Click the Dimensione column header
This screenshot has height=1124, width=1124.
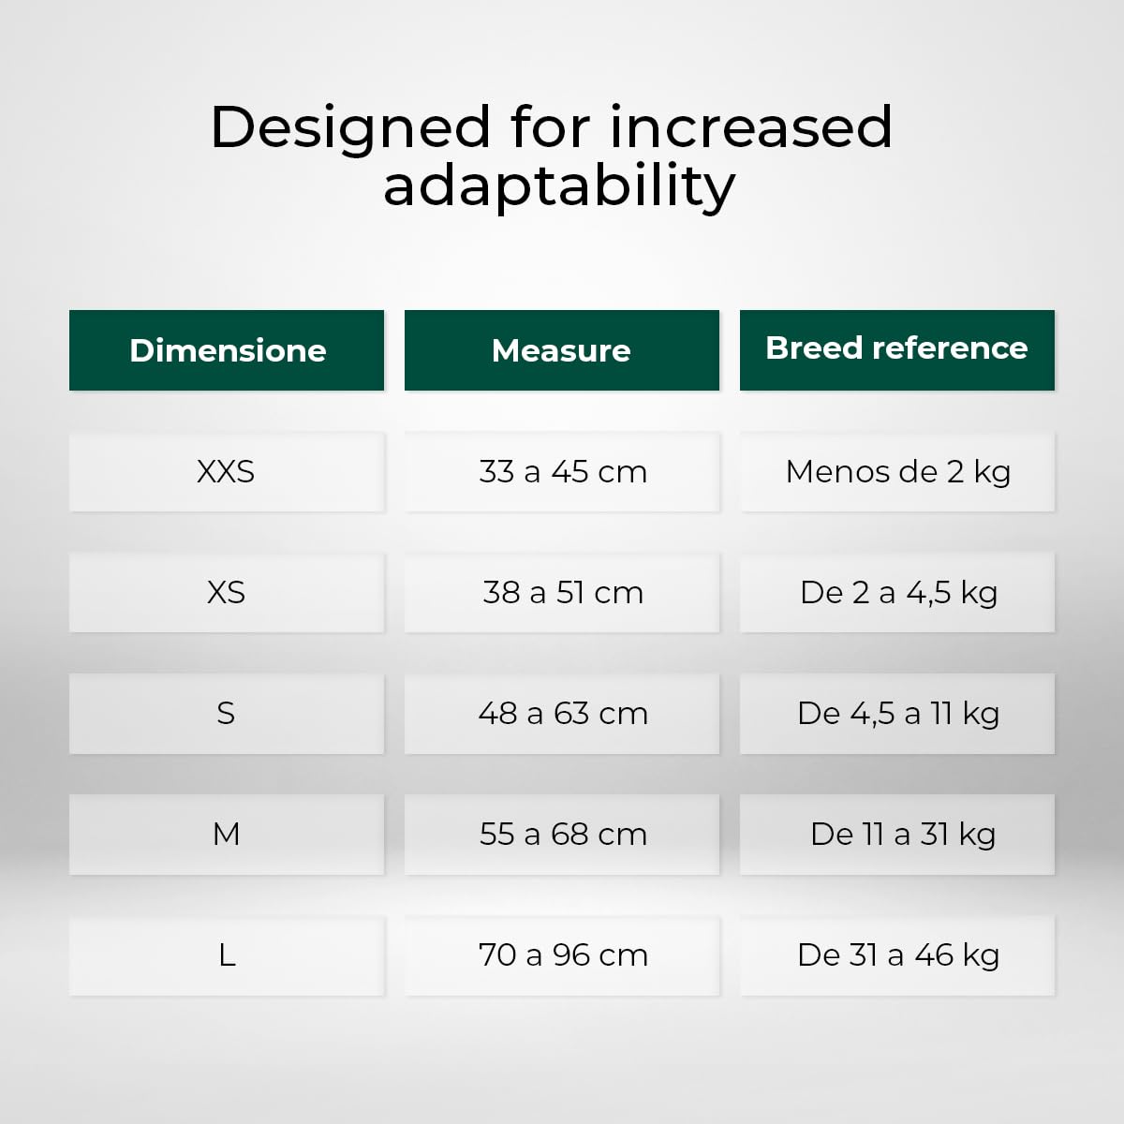pyautogui.click(x=227, y=350)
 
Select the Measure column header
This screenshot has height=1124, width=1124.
pyautogui.click(x=562, y=350)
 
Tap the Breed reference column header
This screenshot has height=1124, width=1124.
pyautogui.click(x=897, y=350)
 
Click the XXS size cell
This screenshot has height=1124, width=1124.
pyautogui.click(x=227, y=472)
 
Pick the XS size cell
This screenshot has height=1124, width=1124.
pyautogui.click(x=227, y=593)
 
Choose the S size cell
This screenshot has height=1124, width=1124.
pyautogui.click(x=227, y=714)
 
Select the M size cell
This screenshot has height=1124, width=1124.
pyautogui.click(x=227, y=835)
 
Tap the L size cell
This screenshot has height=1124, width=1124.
pyautogui.click(x=227, y=955)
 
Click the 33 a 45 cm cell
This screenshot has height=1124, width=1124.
pyautogui.click(x=562, y=472)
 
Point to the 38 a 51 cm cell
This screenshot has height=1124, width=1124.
pyautogui.click(x=562, y=593)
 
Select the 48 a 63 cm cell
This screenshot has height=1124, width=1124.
pyautogui.click(x=562, y=714)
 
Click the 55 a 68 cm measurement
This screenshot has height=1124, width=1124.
pyautogui.click(x=562, y=835)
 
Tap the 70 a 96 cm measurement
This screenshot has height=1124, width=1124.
pyautogui.click(x=562, y=955)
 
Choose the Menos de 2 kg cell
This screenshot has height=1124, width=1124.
pyautogui.click(x=897, y=472)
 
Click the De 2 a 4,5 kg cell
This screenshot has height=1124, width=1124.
pyautogui.click(x=897, y=593)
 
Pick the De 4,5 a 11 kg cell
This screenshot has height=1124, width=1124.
pyautogui.click(x=897, y=714)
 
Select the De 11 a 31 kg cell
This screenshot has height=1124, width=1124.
pyautogui.click(x=897, y=835)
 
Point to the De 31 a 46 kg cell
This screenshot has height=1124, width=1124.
pyautogui.click(x=897, y=955)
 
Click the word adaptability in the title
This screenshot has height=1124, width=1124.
pyautogui.click(x=559, y=186)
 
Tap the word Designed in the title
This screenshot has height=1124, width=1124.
pyautogui.click(x=350, y=129)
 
